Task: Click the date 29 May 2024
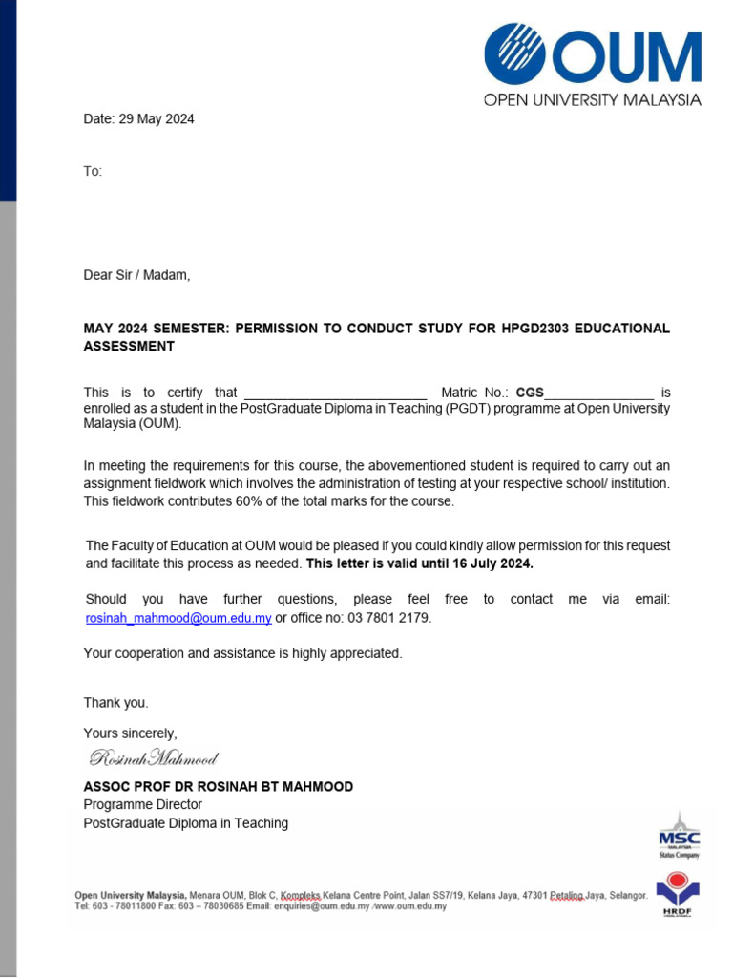coord(156,119)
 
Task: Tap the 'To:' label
coord(93,171)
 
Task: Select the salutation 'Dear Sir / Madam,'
coord(136,275)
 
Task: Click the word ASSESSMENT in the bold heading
coord(129,347)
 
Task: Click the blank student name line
coord(335,393)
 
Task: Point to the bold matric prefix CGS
coord(530,393)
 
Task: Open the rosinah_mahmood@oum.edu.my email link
coord(178,618)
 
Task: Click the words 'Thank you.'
coord(115,703)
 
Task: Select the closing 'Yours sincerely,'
coord(130,733)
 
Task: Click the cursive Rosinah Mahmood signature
coord(154,759)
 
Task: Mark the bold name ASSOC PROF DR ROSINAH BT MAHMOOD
coord(218,787)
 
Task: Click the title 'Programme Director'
coord(142,805)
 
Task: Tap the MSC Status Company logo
coord(679,837)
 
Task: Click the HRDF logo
coord(678,894)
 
